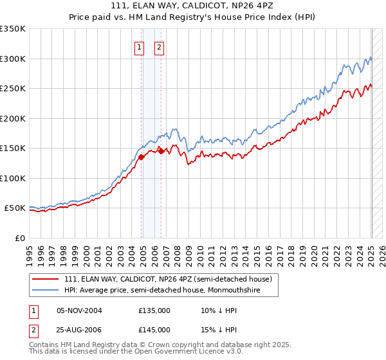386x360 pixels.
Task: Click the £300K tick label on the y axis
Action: click(13, 59)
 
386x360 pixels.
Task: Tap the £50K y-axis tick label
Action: click(15, 208)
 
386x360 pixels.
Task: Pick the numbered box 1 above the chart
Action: click(139, 46)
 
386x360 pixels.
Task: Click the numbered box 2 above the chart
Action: click(159, 46)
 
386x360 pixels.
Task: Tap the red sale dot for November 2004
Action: click(142, 157)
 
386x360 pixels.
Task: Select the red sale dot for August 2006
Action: click(161, 151)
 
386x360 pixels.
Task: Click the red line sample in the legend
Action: click(46, 280)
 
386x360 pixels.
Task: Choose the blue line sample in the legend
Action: click(46, 291)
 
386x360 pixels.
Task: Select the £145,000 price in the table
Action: click(154, 329)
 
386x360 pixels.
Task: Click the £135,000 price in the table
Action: click(154, 310)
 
